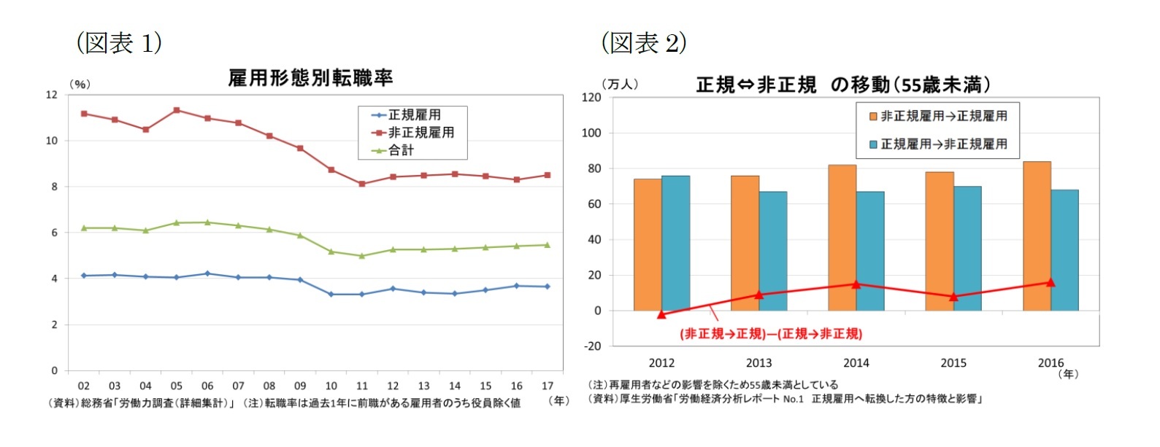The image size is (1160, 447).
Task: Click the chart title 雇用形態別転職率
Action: (310, 77)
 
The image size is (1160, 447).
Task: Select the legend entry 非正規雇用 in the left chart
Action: (420, 132)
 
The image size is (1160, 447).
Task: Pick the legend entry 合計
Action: (401, 150)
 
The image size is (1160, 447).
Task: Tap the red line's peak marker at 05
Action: (177, 110)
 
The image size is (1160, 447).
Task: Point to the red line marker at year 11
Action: (362, 184)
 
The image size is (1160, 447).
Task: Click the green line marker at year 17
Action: (548, 245)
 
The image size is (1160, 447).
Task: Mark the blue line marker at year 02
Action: (84, 276)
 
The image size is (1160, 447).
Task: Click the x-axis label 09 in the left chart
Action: (300, 386)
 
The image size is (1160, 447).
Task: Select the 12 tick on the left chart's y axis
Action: (51, 95)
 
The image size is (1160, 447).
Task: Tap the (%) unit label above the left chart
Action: (80, 84)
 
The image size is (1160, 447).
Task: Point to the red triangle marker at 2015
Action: (953, 297)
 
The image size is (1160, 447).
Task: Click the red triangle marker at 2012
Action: (661, 314)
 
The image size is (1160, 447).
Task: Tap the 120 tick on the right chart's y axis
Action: (591, 97)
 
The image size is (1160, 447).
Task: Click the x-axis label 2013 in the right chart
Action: (758, 362)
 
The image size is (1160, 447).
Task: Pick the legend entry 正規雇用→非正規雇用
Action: (943, 144)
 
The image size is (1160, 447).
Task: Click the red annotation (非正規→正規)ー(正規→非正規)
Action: (771, 334)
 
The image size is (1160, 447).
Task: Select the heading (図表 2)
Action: (644, 43)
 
